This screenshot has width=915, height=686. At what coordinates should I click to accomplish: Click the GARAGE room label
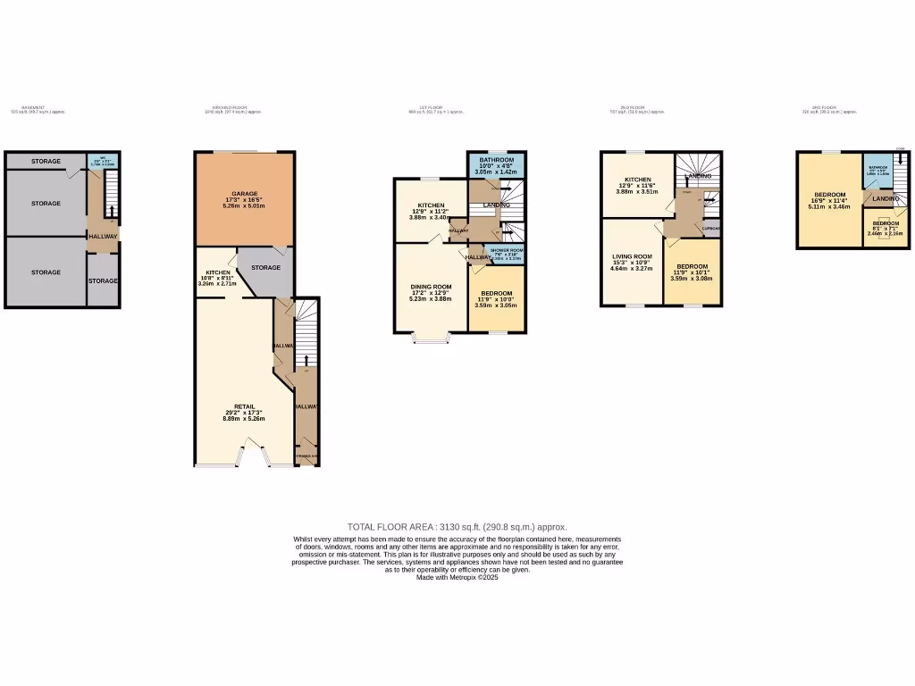pos(244,194)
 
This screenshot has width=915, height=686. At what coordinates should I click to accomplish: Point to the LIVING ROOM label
pos(632,256)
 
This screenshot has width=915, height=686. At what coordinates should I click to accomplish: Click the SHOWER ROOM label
pos(506,251)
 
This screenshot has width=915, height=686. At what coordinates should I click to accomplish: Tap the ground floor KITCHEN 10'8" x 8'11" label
pos(219,272)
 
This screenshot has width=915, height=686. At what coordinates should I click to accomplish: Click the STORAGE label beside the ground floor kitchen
pos(265,267)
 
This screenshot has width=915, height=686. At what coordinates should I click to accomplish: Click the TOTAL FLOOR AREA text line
pos(457,527)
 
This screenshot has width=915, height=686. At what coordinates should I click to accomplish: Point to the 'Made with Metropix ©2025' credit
pos(457,578)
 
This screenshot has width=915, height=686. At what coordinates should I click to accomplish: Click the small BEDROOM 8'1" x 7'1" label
pos(886,223)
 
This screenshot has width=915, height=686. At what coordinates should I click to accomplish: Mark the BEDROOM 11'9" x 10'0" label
pos(497,294)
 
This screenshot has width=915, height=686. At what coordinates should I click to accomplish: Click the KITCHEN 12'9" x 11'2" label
pos(432,205)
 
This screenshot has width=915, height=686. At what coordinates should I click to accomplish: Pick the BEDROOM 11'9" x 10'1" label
pos(692,267)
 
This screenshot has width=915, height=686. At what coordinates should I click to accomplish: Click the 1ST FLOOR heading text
pos(432,108)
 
